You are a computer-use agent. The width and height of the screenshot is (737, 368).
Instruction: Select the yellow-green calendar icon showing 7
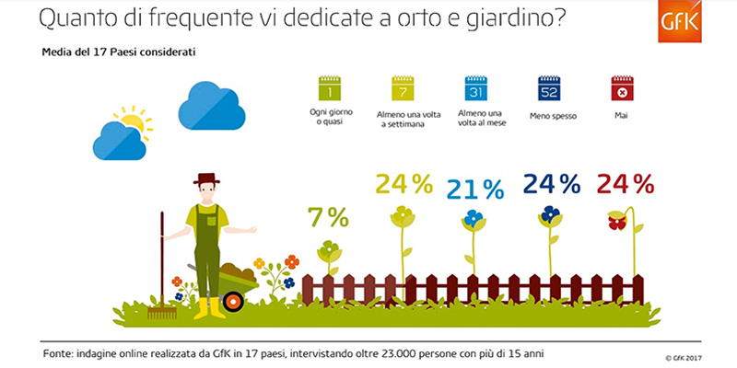[403, 89]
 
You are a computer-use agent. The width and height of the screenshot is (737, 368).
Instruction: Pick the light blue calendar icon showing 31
[476, 89]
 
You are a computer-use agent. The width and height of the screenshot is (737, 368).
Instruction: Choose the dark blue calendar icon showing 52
[549, 89]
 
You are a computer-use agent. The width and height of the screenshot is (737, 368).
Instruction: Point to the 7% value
[329, 218]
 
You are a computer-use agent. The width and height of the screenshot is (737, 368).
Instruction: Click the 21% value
[475, 190]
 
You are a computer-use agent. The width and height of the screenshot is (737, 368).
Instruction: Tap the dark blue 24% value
[551, 184]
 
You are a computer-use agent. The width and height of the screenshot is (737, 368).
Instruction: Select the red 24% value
[625, 184]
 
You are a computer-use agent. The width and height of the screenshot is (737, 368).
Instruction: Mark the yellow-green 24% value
[403, 184]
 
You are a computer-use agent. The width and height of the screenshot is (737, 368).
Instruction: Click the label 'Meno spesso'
[550, 117]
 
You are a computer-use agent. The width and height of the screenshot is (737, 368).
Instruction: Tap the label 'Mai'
[622, 117]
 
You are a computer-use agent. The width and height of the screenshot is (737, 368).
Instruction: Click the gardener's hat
[207, 178]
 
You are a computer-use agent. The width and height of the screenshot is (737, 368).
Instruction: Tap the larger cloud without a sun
[211, 106]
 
